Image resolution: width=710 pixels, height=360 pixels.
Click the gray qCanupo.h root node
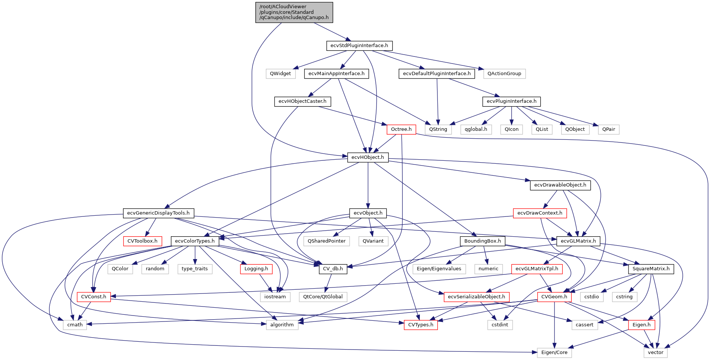(x=294, y=12)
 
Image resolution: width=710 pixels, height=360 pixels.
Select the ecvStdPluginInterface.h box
(x=359, y=46)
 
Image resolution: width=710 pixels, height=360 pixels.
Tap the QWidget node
(x=280, y=74)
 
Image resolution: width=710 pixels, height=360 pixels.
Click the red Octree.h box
(x=401, y=129)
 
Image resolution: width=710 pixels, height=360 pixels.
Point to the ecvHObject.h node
(x=368, y=157)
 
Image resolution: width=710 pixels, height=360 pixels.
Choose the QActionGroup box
(x=504, y=74)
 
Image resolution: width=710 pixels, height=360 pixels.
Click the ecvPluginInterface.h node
(x=511, y=101)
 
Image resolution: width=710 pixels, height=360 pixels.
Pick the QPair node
(x=608, y=129)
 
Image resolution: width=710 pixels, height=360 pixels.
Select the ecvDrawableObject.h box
(x=560, y=185)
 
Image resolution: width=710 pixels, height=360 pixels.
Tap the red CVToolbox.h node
(x=142, y=241)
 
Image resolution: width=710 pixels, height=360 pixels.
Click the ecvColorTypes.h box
(x=195, y=241)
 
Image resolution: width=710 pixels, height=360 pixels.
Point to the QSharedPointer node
(x=326, y=241)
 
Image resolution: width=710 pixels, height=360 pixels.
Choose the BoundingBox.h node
(x=482, y=241)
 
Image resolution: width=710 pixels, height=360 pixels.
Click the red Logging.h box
(x=256, y=269)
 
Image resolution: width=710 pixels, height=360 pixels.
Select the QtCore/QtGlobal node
(x=323, y=297)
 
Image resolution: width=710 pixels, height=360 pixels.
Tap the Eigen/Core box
(x=554, y=353)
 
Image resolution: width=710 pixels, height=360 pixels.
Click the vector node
(x=655, y=353)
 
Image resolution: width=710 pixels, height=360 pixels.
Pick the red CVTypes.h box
(x=421, y=325)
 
